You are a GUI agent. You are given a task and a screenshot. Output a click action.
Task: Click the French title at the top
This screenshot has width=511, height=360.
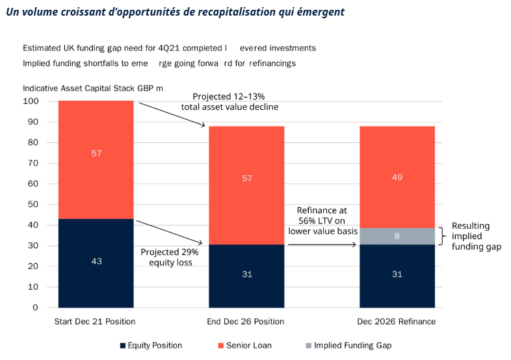pyautogui.click(x=175, y=12)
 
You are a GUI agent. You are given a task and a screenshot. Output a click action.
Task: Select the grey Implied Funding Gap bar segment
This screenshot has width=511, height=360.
pyautogui.click(x=397, y=236)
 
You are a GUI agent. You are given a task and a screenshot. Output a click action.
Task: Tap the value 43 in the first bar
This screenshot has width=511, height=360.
pyautogui.click(x=96, y=261)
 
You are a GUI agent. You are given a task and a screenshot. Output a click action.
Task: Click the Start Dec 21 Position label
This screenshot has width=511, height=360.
pyautogui.click(x=96, y=321)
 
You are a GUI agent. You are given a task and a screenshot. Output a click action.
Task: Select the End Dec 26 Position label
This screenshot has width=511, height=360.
pyautogui.click(x=246, y=321)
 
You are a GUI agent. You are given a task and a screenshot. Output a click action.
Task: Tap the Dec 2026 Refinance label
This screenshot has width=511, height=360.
pyautogui.click(x=397, y=321)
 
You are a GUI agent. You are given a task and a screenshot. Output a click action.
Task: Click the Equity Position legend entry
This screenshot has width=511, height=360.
pyautogui.click(x=151, y=345)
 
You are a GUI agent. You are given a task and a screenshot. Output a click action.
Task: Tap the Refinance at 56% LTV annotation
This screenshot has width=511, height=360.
pyautogui.click(x=322, y=221)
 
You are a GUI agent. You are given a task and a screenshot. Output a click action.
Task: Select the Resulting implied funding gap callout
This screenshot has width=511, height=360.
pyautogui.click(x=476, y=236)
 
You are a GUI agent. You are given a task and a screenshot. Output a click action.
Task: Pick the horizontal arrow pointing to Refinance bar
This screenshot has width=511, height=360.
pyautogui.click(x=322, y=244)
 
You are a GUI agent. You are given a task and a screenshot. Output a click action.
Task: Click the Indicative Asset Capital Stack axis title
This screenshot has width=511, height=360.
pyautogui.click(x=92, y=88)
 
